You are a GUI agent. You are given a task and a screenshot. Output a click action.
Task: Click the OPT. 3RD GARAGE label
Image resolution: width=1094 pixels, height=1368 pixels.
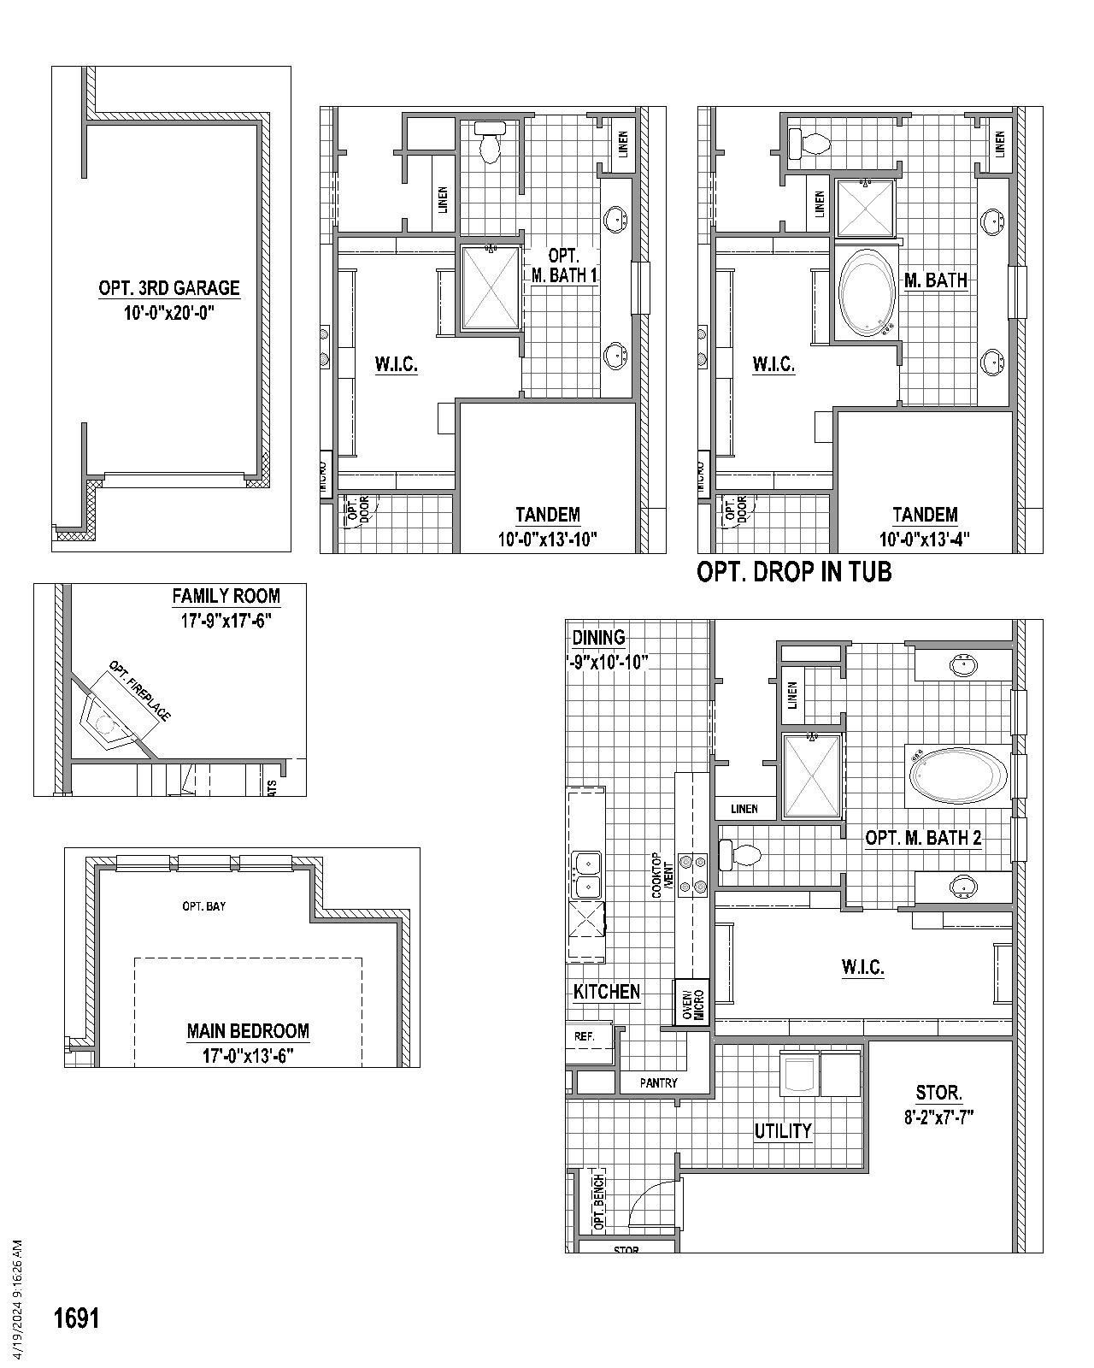pos(169,288)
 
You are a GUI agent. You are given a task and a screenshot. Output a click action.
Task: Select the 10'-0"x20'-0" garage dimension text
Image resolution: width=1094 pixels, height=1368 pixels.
pos(169,314)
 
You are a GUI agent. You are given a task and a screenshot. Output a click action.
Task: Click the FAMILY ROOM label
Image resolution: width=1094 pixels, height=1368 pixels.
pos(226,596)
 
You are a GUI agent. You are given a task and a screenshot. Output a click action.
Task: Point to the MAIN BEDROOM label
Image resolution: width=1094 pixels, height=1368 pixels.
pos(248,1031)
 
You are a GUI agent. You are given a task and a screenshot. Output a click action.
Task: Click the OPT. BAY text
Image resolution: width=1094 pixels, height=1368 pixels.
pos(203,906)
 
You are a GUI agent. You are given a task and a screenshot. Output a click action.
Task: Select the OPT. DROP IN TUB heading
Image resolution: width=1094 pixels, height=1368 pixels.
pos(794,572)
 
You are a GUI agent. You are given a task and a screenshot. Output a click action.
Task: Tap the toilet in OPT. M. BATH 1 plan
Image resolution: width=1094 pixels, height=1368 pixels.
pos(490,141)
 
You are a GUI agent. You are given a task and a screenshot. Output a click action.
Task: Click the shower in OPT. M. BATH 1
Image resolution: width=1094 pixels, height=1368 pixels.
pos(491,287)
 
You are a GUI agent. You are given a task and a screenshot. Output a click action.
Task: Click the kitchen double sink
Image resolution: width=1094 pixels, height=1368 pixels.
pos(586,875)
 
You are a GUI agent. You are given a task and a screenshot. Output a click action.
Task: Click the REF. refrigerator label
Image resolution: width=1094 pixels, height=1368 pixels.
pos(585,1035)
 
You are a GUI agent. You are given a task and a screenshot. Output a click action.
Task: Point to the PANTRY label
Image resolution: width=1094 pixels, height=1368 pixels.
pos(658,1082)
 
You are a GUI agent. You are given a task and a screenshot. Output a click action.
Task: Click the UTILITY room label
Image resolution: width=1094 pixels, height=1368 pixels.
pos(782,1131)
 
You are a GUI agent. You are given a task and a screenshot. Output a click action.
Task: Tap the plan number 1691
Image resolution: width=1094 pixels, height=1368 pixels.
pos(77,1318)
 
